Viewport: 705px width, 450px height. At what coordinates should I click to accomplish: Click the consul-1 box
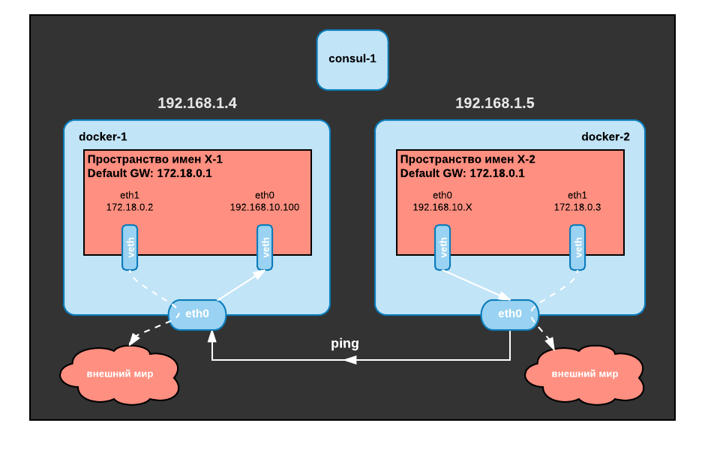[x=352, y=59]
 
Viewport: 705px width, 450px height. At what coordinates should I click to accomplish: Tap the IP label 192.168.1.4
[x=197, y=103]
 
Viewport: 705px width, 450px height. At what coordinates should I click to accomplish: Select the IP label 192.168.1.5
[x=495, y=103]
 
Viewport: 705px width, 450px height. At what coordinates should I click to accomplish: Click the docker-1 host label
[x=103, y=136]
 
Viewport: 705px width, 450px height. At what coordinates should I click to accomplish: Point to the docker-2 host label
[x=605, y=136]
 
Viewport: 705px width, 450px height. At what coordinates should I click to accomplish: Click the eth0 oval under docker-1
[x=197, y=314]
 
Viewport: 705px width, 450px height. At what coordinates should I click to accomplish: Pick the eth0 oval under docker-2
[x=510, y=314]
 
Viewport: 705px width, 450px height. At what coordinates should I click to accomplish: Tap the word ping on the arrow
[x=345, y=343]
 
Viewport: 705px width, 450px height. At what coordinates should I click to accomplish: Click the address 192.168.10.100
[x=265, y=207]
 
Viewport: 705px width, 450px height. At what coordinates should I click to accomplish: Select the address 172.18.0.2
[x=130, y=207]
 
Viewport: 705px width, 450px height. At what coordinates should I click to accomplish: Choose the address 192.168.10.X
[x=442, y=207]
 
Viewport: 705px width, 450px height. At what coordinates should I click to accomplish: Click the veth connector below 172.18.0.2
[x=130, y=247]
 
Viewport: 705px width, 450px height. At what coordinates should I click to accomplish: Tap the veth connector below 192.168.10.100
[x=265, y=247]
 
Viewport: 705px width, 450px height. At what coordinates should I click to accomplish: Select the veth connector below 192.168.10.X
[x=442, y=247]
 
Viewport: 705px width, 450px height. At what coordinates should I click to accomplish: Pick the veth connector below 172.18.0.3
[x=577, y=247]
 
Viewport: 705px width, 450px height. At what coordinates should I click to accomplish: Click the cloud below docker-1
[x=120, y=374]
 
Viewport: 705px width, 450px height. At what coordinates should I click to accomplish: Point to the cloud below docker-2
[x=585, y=374]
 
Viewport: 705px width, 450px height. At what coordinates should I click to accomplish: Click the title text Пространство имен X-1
[x=155, y=159]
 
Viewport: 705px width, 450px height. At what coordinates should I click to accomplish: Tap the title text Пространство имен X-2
[x=468, y=159]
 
